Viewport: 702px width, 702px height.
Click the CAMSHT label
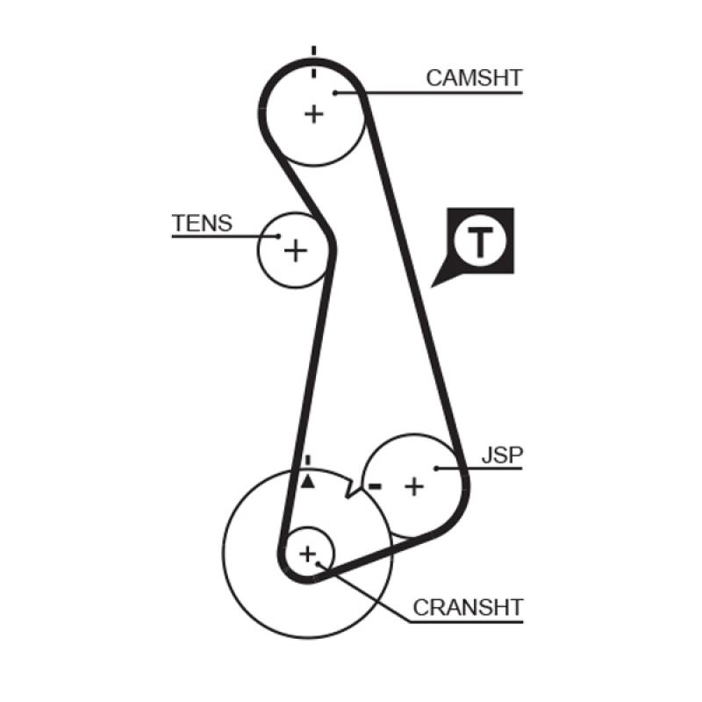click(x=474, y=77)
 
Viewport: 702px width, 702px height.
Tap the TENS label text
click(x=202, y=223)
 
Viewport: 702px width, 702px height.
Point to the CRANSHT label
click(x=468, y=606)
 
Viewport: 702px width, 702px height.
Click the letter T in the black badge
click(x=479, y=242)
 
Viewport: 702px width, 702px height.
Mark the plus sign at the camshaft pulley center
click(x=314, y=113)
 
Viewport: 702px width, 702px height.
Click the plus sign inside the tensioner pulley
click(x=297, y=251)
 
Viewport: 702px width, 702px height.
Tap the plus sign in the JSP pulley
click(x=413, y=485)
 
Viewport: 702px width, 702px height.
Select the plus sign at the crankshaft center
click(x=307, y=554)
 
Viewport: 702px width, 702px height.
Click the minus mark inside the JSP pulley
click(x=376, y=485)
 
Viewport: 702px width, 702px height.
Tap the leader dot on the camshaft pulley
click(x=335, y=91)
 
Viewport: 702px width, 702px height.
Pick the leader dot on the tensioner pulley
click(x=278, y=236)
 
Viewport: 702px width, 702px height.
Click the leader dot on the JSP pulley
click(x=436, y=469)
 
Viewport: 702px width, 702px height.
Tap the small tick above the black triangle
click(x=306, y=461)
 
